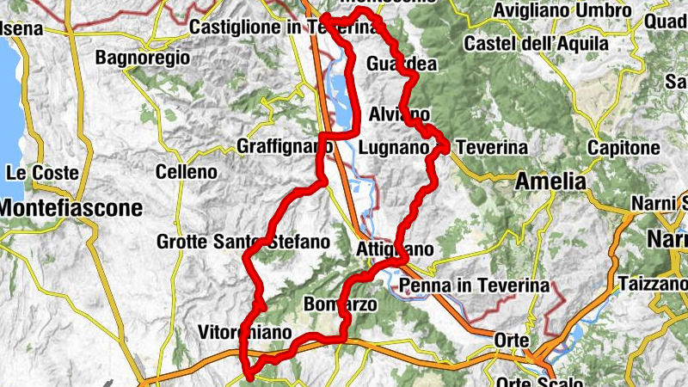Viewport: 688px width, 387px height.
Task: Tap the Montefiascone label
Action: click(x=71, y=207)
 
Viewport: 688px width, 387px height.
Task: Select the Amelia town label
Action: click(x=550, y=181)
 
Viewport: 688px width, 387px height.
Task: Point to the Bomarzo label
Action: click(x=341, y=304)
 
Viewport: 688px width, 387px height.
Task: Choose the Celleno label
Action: click(x=187, y=172)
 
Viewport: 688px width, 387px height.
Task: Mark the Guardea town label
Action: click(x=401, y=65)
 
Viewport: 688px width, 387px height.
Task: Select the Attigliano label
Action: click(x=394, y=249)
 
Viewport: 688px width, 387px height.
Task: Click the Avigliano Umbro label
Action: click(x=563, y=11)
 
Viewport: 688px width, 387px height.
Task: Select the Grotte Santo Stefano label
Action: click(x=243, y=243)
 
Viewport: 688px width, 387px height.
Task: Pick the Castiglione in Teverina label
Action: click(x=283, y=28)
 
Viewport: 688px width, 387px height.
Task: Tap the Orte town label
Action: click(x=512, y=341)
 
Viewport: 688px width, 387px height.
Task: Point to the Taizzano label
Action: click(x=652, y=283)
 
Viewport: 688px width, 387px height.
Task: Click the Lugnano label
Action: click(x=393, y=148)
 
